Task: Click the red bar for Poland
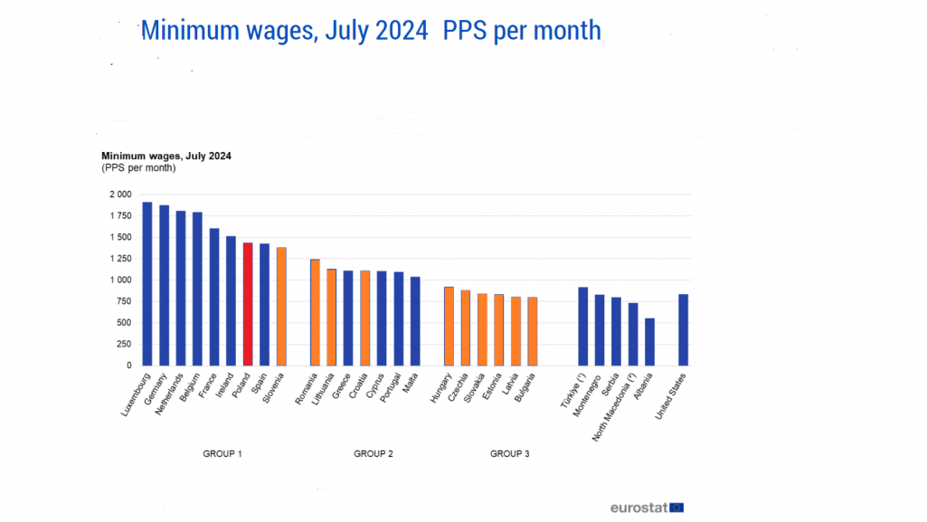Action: (248, 304)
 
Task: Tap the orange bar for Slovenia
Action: (280, 307)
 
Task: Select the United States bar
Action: (683, 329)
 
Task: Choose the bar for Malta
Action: (415, 321)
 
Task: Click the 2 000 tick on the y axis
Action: (120, 195)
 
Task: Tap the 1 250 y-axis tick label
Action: (120, 259)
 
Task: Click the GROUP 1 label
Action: (222, 453)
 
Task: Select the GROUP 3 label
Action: (510, 453)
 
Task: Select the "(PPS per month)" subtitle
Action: (138, 168)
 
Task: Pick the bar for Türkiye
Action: (582, 326)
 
